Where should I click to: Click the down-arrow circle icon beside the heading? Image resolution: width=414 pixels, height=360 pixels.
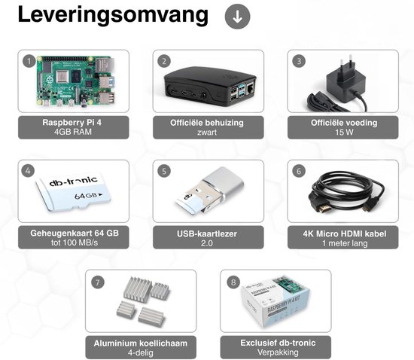pos(237,17)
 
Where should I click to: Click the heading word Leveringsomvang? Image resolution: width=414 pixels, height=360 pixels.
pos(113,15)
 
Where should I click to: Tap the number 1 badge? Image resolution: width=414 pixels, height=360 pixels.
pos(29,62)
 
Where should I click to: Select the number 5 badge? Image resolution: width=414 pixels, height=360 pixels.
pos(164,171)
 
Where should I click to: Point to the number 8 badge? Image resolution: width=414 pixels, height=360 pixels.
pos(233,282)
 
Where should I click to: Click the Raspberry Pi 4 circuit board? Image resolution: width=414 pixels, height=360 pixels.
pos(76,81)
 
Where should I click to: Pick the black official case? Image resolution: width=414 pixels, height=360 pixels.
pos(210,86)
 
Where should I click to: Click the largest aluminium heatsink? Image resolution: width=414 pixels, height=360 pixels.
pos(137,288)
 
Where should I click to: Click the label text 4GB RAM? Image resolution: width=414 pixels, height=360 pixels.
pos(73,132)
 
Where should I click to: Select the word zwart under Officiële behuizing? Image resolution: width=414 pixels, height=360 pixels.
pos(207,133)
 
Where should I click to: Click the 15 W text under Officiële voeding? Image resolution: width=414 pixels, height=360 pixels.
pos(344,133)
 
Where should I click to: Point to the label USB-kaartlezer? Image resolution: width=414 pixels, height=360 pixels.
pos(207,233)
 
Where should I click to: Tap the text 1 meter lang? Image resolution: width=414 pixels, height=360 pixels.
pos(345,243)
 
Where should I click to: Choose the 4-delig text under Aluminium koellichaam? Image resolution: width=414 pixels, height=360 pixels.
pos(141,353)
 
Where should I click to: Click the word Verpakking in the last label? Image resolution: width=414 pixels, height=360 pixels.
pos(278,352)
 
